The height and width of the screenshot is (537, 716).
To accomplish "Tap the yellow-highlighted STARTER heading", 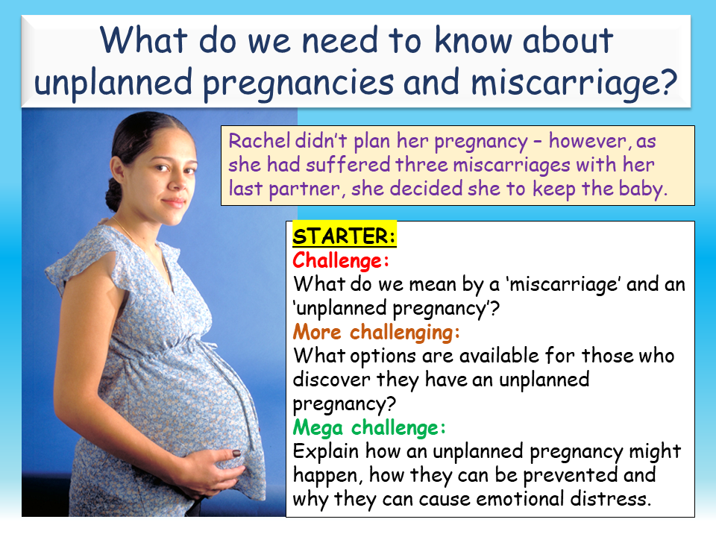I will [345, 237].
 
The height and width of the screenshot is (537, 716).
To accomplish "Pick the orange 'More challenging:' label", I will [377, 332].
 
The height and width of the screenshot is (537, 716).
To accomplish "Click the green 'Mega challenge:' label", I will [369, 427].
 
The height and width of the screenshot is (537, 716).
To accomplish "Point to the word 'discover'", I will [330, 380].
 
